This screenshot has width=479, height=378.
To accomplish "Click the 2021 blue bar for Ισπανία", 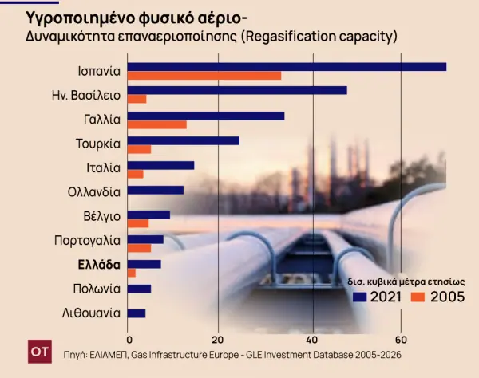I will click(x=287, y=66).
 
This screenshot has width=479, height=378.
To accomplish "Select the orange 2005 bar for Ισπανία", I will click(x=204, y=76).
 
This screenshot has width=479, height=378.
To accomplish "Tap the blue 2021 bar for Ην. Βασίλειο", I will click(x=237, y=90).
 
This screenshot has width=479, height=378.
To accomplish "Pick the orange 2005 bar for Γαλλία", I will click(x=157, y=124).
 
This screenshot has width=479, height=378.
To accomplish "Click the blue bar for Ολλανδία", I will click(x=156, y=190).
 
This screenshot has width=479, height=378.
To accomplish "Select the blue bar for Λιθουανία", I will click(x=137, y=313).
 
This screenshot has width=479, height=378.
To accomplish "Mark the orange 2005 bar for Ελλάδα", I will click(x=132, y=273).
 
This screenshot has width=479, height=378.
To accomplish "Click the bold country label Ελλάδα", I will click(x=98, y=264).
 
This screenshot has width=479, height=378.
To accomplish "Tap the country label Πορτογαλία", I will click(x=87, y=239).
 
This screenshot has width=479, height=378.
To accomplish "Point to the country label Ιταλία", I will click(x=103, y=167).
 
